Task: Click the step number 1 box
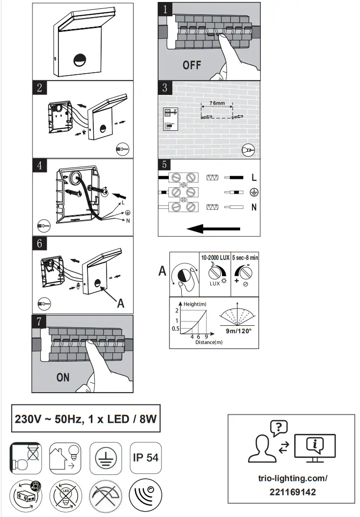166,9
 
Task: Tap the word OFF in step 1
192,65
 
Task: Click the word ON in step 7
63,378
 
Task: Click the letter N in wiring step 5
253,207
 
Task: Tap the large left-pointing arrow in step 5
214,229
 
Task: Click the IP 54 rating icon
145,457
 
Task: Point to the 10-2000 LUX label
215,258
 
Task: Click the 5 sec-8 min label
245,258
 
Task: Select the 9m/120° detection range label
238,331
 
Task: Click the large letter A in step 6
121,303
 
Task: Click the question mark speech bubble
278,427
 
